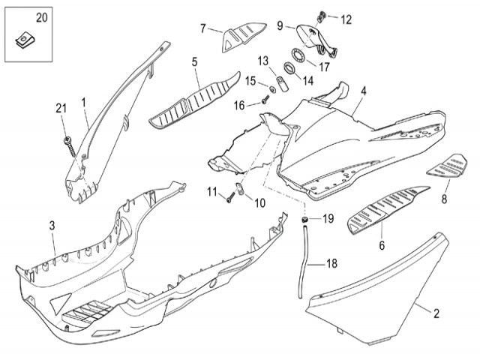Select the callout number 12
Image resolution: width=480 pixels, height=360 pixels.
point(346,19)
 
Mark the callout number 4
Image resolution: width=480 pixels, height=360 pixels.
point(363,91)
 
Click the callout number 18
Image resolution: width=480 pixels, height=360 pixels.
point(331,264)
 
